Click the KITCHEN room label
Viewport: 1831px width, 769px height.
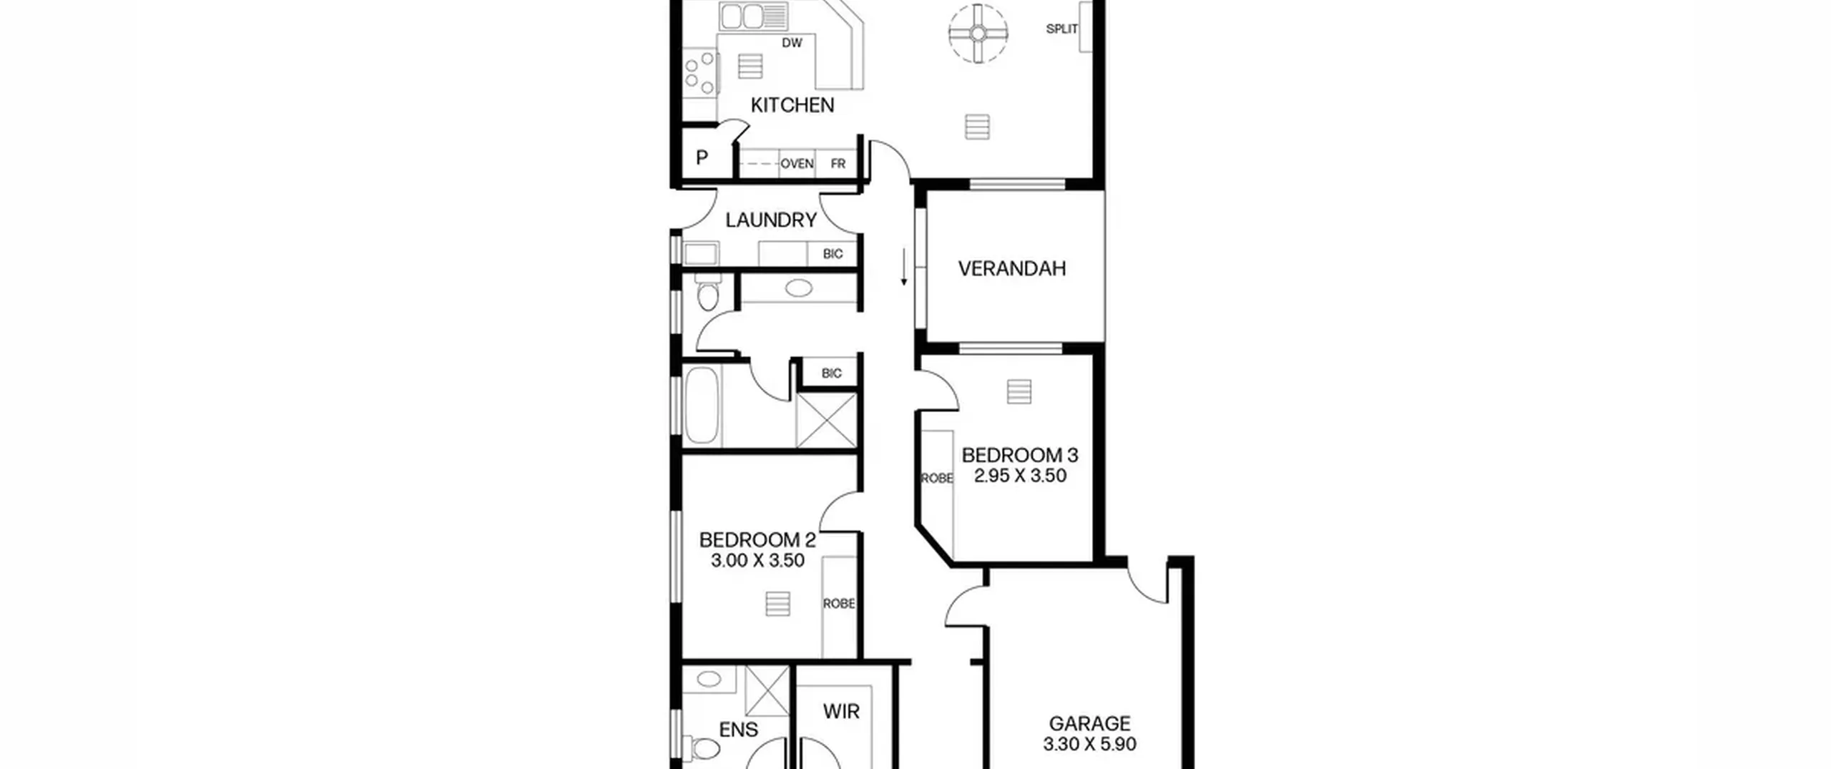[x=792, y=105]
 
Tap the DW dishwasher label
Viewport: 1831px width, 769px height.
[x=792, y=43]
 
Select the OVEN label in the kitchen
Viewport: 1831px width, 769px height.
[x=797, y=164]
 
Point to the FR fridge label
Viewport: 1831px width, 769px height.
[x=838, y=164]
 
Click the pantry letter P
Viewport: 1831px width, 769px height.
[x=702, y=157]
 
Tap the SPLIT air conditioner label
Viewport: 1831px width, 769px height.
[x=1061, y=29]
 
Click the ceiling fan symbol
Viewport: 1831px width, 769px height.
[x=978, y=33]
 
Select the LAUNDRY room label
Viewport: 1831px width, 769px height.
[x=771, y=220]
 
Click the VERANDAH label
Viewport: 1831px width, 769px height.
[x=1011, y=268]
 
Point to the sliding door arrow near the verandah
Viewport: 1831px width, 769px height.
[x=904, y=267]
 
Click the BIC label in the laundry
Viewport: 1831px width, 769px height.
[x=833, y=254]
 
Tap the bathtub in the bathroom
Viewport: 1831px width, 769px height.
[x=702, y=406]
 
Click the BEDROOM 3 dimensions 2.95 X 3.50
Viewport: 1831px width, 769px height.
[x=1020, y=476]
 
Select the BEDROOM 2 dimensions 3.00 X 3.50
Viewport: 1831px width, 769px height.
[x=757, y=560]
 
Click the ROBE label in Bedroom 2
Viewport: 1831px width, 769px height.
[x=839, y=604]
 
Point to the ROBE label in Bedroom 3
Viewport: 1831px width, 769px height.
[x=937, y=479]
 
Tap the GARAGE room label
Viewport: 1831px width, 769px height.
[x=1089, y=723]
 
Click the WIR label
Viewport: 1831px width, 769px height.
[x=841, y=711]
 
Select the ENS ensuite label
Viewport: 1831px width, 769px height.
[x=738, y=730]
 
